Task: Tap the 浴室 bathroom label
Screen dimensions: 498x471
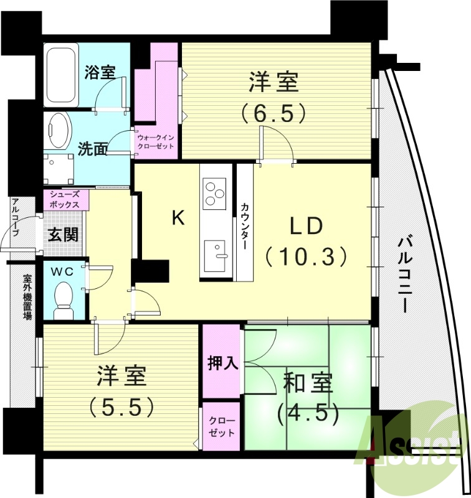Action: click(x=100, y=71)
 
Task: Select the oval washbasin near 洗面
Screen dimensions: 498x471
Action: click(x=60, y=131)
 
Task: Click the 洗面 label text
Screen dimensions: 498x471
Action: click(x=92, y=149)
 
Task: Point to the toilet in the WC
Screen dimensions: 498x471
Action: click(x=64, y=299)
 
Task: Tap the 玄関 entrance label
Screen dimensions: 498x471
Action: click(x=63, y=236)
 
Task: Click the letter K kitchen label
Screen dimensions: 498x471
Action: click(x=178, y=218)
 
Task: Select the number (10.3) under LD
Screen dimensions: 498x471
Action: click(x=305, y=255)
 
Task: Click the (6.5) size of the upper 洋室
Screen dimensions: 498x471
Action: click(x=274, y=112)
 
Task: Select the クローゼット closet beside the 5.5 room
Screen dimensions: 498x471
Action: click(x=222, y=427)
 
